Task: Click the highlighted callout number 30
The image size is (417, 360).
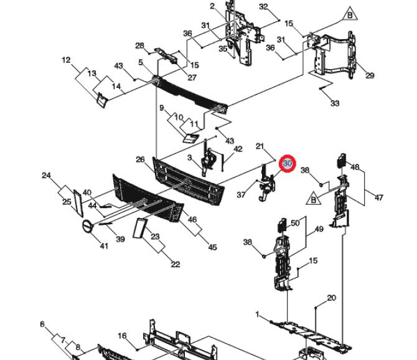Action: click(x=288, y=163)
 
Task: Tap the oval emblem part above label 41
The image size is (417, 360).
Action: click(x=88, y=226)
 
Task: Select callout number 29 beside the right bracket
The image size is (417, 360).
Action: click(x=370, y=76)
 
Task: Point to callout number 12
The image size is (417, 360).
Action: click(x=66, y=60)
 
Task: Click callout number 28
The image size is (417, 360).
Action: click(x=139, y=45)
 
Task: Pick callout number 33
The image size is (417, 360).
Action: click(x=335, y=103)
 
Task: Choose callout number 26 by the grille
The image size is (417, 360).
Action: click(x=140, y=160)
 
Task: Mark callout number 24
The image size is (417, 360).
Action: click(x=46, y=176)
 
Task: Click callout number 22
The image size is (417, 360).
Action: click(x=176, y=265)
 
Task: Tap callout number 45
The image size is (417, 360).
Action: click(x=213, y=247)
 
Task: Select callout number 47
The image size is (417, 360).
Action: click(x=379, y=197)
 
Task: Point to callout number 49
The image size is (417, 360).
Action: click(x=319, y=229)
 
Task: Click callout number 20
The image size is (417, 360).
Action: click(x=331, y=298)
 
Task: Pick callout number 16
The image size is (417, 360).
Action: click(x=122, y=336)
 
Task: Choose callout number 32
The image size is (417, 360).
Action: click(x=263, y=7)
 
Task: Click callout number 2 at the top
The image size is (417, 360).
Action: click(x=212, y=6)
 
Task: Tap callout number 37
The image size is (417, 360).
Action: click(x=241, y=195)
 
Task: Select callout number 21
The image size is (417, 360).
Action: click(x=260, y=146)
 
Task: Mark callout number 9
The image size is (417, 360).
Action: click(x=162, y=108)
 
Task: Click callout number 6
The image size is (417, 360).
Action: click(x=42, y=324)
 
